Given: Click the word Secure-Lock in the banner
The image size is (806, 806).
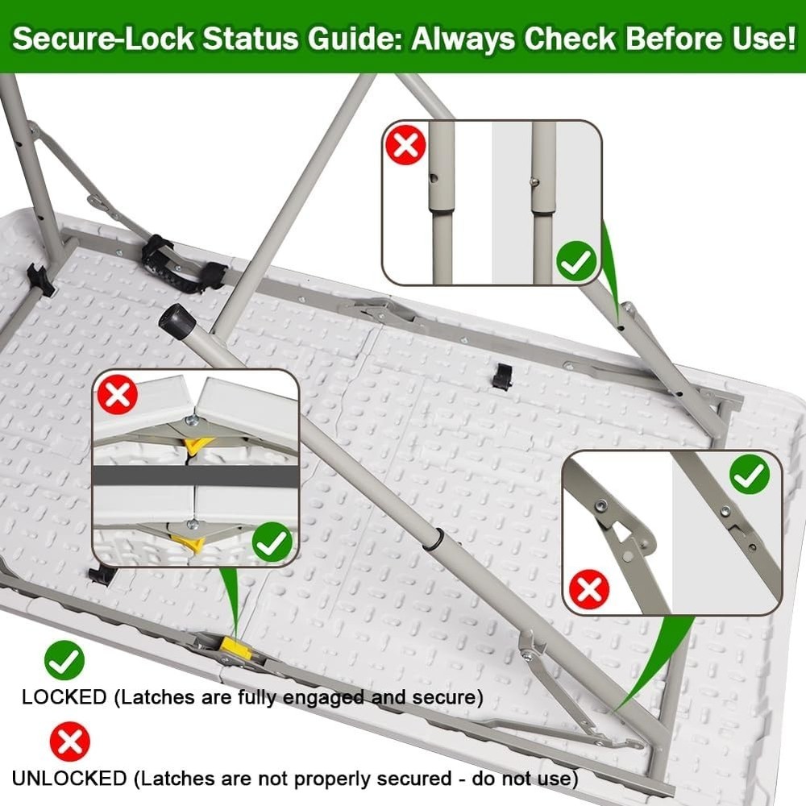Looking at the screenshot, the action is pos(103,38).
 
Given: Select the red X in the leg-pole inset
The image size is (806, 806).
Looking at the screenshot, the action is pos(406,144).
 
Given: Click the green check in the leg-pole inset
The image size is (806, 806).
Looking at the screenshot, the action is pos(577,261).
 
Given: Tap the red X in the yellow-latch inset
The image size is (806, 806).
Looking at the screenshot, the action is pos(118,395).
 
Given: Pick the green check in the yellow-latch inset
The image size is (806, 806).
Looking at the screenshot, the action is pos(272,542).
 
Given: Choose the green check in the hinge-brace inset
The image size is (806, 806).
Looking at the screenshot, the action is pos(750,474).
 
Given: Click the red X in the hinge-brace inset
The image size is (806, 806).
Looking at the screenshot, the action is pos(589,589).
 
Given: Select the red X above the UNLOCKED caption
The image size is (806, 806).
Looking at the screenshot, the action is pos(70,742).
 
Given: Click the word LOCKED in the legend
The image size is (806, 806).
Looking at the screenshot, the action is pos(64,697).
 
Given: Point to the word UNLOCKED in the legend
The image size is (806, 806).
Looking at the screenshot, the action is pos(69,779).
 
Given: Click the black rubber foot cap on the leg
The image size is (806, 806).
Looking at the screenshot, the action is pos(177,318).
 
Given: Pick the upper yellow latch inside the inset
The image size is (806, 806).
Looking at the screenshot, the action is pos(198,445).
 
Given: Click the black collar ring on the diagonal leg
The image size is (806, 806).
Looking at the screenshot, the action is pos(438,539).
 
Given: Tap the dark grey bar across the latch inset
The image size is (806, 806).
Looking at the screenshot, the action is pos(195,476).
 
